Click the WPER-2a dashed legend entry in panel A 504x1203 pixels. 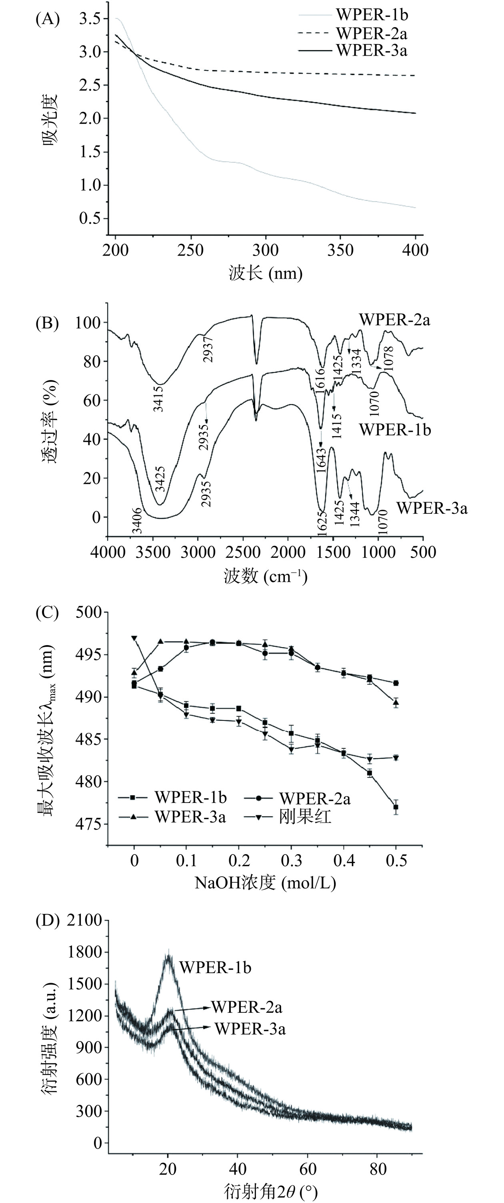[x=372, y=34]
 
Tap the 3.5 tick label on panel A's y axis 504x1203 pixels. [x=90, y=19]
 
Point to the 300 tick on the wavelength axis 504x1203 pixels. [x=266, y=250]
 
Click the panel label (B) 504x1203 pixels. [x=47, y=323]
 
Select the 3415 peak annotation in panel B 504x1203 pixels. [x=159, y=398]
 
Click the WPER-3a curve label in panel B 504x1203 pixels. [x=432, y=508]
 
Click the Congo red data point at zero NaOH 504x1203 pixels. [x=134, y=638]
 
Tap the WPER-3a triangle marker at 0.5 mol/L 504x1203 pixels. [x=396, y=702]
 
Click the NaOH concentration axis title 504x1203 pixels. [x=265, y=883]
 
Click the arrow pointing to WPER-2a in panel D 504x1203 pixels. [x=191, y=1009]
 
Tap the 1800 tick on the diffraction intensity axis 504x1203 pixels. [x=84, y=952]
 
